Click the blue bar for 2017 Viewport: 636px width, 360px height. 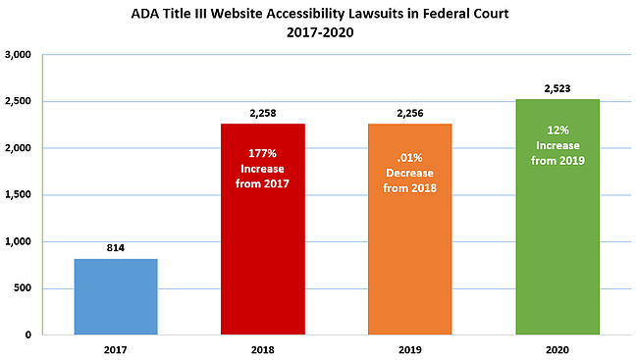pyautogui.click(x=116, y=297)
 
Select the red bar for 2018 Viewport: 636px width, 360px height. pyautogui.click(x=263, y=230)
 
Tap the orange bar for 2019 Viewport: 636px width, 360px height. pyautogui.click(x=409, y=230)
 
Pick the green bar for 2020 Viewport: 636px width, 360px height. pyautogui.click(x=557, y=217)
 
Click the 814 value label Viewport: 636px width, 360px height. pyautogui.click(x=116, y=248)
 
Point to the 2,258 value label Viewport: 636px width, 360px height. pyautogui.click(x=263, y=113)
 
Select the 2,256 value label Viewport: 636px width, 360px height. pyautogui.click(x=410, y=113)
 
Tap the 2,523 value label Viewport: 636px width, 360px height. pyautogui.click(x=557, y=88)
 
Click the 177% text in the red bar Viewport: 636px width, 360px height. pyautogui.click(x=262, y=153)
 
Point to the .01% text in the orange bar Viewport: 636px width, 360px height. pyautogui.click(x=409, y=157)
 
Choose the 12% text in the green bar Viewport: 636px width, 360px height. pyautogui.click(x=557, y=130)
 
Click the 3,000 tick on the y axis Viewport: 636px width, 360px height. pyautogui.click(x=18, y=55)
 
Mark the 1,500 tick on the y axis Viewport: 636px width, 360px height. pyautogui.click(x=18, y=194)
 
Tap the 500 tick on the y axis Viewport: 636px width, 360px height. pyautogui.click(x=23, y=288)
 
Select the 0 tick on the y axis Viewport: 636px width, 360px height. pyautogui.click(x=28, y=334)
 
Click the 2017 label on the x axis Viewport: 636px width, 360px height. pyautogui.click(x=116, y=349)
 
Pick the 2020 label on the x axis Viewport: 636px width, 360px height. pyautogui.click(x=557, y=349)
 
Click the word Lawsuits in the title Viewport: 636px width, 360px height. pyautogui.click(x=367, y=14)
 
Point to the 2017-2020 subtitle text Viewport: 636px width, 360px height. pyautogui.click(x=320, y=32)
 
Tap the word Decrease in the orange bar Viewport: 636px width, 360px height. pyautogui.click(x=409, y=173)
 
